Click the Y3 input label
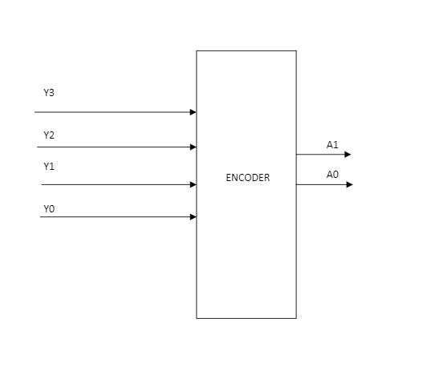click(49, 93)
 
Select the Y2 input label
click(49, 135)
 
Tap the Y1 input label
click(49, 167)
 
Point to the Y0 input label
click(49, 208)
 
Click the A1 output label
click(332, 145)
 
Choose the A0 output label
click(332, 175)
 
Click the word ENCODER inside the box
click(247, 178)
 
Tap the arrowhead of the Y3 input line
click(193, 112)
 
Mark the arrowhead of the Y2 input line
click(193, 147)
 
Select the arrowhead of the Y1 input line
click(193, 184)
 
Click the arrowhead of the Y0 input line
click(193, 216)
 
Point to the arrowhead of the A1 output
click(348, 155)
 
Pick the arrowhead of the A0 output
click(348, 184)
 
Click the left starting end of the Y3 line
click(35, 112)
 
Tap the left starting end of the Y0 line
click(41, 216)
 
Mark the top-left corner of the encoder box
click(197, 50)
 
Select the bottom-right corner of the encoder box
click(296, 318)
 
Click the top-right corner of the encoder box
click(296, 50)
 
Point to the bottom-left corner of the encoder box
click(197, 318)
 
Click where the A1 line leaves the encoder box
click(296, 155)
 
